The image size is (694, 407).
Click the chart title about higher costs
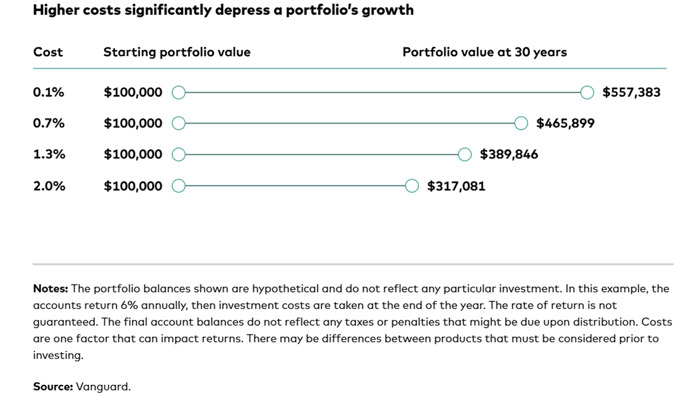pyautogui.click(x=224, y=10)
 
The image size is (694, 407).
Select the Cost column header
pyautogui.click(x=48, y=52)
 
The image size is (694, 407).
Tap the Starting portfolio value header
pyautogui.click(x=177, y=52)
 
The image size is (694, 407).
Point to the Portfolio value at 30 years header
pyautogui.click(x=484, y=52)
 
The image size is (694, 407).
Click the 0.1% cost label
pyautogui.click(x=49, y=92)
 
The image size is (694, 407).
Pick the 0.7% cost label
pyautogui.click(x=49, y=123)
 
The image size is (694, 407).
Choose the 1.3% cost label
pyautogui.click(x=49, y=154)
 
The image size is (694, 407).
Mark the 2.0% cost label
pyautogui.click(x=49, y=186)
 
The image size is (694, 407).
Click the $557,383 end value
pyautogui.click(x=631, y=92)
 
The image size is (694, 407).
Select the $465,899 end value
pyautogui.click(x=565, y=123)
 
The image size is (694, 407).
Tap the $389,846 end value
pyautogui.click(x=509, y=155)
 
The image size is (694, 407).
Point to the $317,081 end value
pyautogui.click(x=456, y=186)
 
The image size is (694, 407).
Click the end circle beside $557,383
pyautogui.click(x=587, y=87)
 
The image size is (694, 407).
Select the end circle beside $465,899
pyautogui.click(x=521, y=117)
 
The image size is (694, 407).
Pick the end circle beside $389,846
pyautogui.click(x=464, y=148)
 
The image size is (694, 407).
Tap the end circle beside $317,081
pyautogui.click(x=412, y=180)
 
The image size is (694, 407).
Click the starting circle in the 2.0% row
pyautogui.click(x=178, y=180)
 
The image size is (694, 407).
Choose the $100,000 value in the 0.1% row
pyautogui.click(x=133, y=92)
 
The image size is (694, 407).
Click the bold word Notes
pyautogui.click(x=51, y=288)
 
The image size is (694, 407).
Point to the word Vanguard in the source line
pyautogui.click(x=103, y=387)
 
